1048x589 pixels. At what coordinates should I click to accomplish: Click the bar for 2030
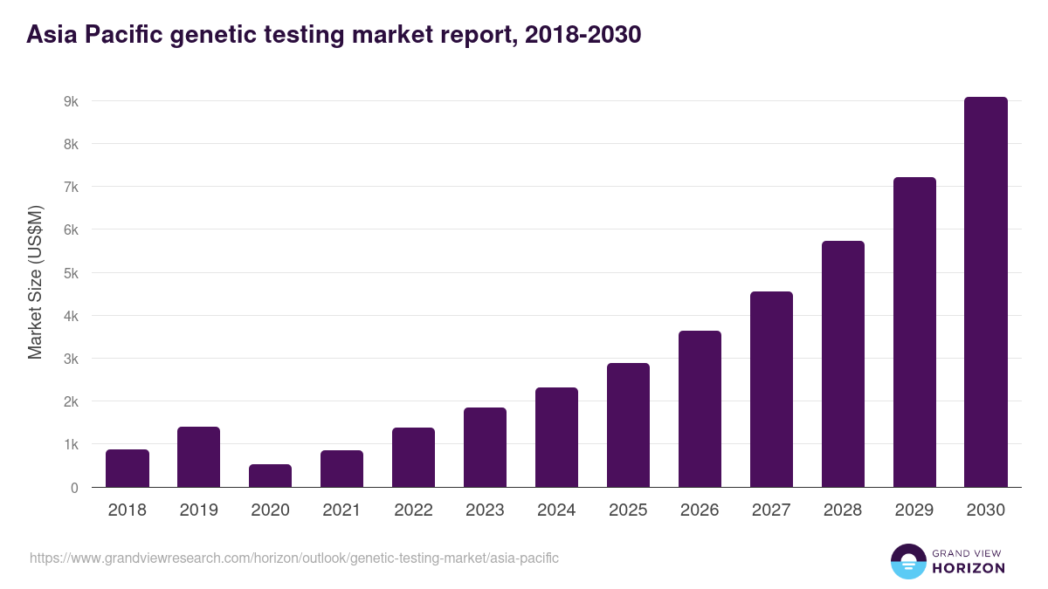[985, 292]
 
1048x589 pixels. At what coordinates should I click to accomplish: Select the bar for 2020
[270, 476]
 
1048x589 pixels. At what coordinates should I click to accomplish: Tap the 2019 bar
[198, 457]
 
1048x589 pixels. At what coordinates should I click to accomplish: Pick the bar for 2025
[628, 425]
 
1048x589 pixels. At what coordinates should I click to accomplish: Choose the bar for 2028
[843, 364]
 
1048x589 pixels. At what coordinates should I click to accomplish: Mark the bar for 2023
[485, 447]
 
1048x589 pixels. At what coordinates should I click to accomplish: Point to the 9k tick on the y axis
[71, 101]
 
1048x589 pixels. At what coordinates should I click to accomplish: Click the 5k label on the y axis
[71, 273]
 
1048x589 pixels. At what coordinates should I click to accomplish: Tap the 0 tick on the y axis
[74, 488]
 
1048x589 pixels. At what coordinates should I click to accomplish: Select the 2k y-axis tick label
[71, 401]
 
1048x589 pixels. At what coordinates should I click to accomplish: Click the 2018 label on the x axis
[128, 510]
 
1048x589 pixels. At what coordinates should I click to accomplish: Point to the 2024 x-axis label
[556, 510]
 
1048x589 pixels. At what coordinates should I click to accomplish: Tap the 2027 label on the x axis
[771, 510]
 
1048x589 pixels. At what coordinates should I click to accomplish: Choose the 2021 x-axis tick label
[341, 510]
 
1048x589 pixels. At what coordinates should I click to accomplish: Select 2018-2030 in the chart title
[579, 35]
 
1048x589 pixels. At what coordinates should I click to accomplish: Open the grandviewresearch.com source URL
[294, 558]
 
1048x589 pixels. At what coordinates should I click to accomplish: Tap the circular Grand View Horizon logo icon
[907, 561]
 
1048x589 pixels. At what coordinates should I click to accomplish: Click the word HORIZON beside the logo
[969, 568]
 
